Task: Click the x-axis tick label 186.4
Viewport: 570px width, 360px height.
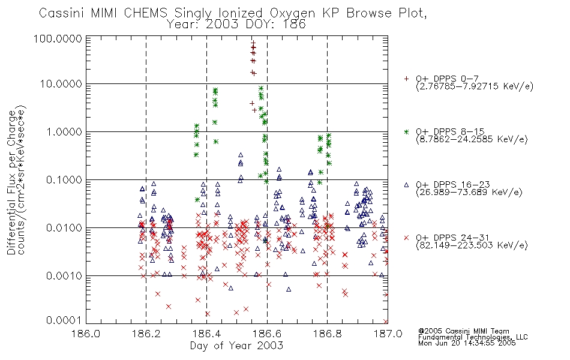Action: (x=206, y=334)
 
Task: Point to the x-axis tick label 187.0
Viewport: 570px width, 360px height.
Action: (x=387, y=334)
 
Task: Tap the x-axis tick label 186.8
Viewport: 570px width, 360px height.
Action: (x=327, y=334)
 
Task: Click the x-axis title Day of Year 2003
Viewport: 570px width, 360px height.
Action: (x=236, y=346)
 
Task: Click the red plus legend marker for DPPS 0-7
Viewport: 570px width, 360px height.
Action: (x=407, y=78)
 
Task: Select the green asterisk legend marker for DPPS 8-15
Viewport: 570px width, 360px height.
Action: (x=407, y=131)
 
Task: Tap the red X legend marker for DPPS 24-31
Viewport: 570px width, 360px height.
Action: (x=407, y=238)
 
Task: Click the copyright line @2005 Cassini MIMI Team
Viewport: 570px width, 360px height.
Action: (x=464, y=331)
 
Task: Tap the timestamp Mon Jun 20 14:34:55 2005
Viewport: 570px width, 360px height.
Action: (x=467, y=344)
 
